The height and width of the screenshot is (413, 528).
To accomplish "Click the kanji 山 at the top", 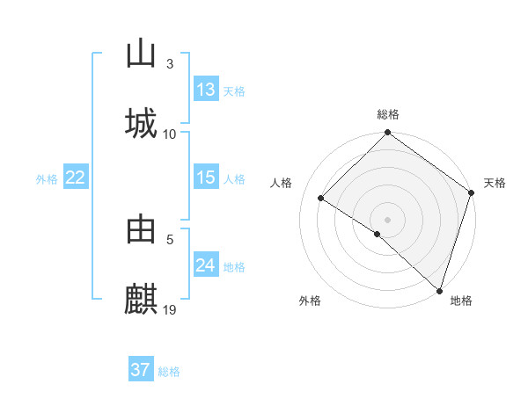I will pyautogui.click(x=141, y=54).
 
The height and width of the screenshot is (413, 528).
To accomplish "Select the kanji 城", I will pyautogui.click(x=141, y=123).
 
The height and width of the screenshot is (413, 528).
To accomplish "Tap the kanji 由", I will pyautogui.click(x=141, y=229).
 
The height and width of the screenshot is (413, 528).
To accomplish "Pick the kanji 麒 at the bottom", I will pyautogui.click(x=141, y=299).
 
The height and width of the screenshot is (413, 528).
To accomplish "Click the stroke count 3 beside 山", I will pyautogui.click(x=170, y=64).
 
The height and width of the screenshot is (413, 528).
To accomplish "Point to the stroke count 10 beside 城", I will pyautogui.click(x=170, y=134).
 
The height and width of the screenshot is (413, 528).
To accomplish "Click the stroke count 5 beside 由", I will pyautogui.click(x=170, y=238).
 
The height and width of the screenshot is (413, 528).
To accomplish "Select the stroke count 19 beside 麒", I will pyautogui.click(x=170, y=309).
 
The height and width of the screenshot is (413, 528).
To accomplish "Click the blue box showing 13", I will pyautogui.click(x=206, y=90).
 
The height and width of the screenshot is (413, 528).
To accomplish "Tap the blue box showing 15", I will pyautogui.click(x=206, y=178).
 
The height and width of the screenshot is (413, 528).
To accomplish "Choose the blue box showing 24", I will pyautogui.click(x=206, y=265).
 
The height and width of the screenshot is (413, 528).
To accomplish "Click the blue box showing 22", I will pyautogui.click(x=76, y=178).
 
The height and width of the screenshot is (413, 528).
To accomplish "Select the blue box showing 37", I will pyautogui.click(x=141, y=370).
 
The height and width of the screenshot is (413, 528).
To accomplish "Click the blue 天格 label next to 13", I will pyautogui.click(x=234, y=91).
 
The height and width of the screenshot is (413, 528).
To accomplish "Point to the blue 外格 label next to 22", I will pyautogui.click(x=47, y=179).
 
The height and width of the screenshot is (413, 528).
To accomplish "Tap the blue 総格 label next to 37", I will pyautogui.click(x=169, y=372).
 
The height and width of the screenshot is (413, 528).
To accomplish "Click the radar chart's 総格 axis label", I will pyautogui.click(x=388, y=114).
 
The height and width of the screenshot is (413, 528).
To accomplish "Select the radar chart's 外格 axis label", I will pyautogui.click(x=310, y=301).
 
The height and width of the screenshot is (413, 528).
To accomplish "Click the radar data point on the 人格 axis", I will pyautogui.click(x=321, y=199).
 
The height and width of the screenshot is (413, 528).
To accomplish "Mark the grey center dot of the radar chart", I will pyautogui.click(x=388, y=219).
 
